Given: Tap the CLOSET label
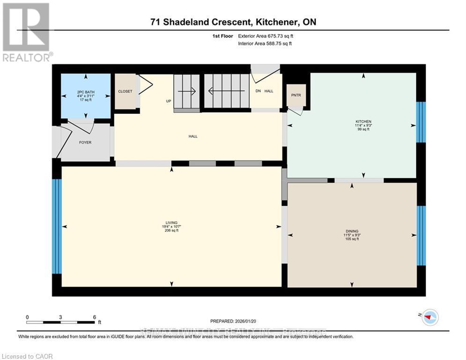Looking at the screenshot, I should click(x=125, y=91).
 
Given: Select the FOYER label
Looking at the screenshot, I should click(x=85, y=142).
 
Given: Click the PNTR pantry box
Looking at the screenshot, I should click(x=296, y=95).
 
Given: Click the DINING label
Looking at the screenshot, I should click(x=352, y=231).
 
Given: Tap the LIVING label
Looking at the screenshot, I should click(x=171, y=223).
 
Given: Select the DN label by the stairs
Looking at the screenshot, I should click(x=258, y=91).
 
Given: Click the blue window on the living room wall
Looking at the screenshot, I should click(x=56, y=226).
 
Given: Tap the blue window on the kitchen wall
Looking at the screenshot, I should click(x=421, y=122).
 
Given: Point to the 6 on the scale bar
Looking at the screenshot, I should click(x=95, y=317).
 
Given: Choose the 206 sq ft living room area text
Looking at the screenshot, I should click(x=171, y=231).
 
